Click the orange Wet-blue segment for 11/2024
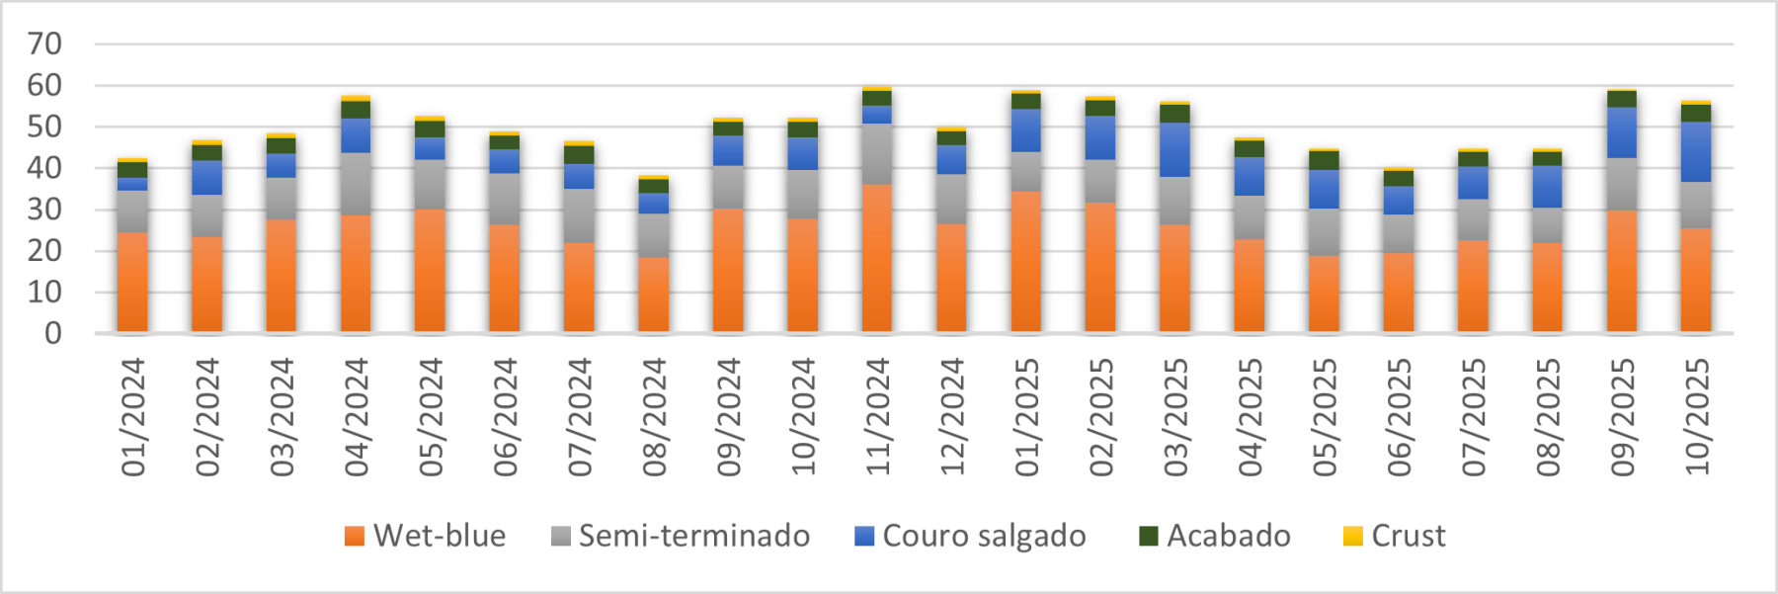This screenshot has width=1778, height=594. (877, 258)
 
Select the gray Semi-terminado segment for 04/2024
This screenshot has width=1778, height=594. (356, 184)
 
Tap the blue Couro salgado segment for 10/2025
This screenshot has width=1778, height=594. (1696, 151)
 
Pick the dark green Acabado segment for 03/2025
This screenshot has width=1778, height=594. (1174, 114)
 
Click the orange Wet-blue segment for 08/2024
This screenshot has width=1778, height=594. (654, 295)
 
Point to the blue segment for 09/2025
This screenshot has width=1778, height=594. (1622, 132)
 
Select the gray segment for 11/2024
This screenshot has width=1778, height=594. (877, 154)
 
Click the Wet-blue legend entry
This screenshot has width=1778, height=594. (425, 536)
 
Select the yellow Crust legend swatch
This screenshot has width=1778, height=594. (1353, 537)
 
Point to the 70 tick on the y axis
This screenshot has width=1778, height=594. (45, 43)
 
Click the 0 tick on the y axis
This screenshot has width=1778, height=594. (53, 333)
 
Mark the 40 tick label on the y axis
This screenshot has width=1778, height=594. (45, 168)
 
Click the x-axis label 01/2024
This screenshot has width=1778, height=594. (133, 416)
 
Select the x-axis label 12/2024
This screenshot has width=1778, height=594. (952, 416)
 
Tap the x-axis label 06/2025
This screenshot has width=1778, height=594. (1399, 416)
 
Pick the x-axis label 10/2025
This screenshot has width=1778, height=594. (1697, 416)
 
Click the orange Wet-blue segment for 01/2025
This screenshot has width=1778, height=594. (1026, 262)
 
